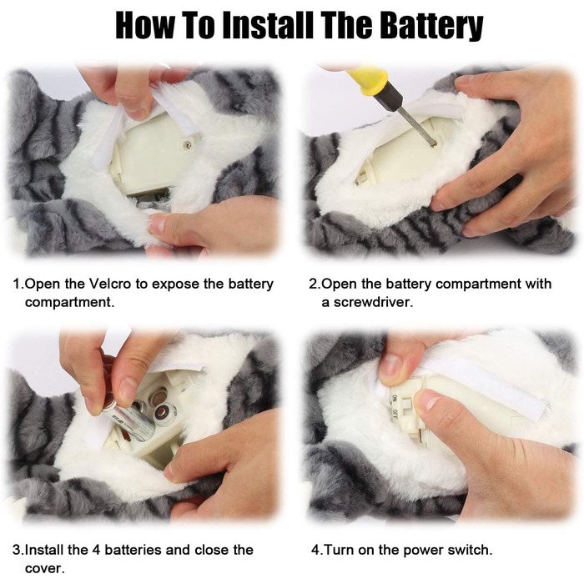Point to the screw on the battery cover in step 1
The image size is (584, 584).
coord(189,144)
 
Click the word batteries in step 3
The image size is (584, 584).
coord(133,550)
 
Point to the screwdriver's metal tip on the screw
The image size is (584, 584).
coord(433,143)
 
